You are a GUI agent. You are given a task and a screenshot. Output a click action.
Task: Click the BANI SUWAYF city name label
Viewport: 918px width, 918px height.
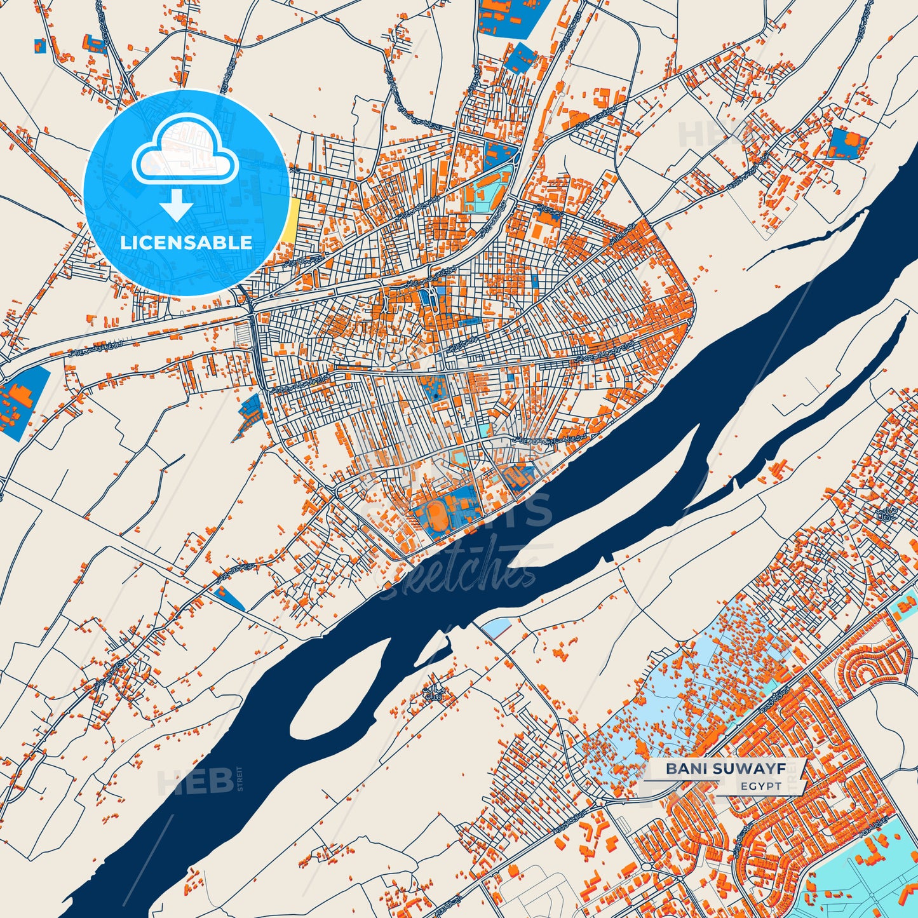[x=726, y=769]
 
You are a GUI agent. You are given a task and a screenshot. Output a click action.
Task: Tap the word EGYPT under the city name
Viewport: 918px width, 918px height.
[x=760, y=786]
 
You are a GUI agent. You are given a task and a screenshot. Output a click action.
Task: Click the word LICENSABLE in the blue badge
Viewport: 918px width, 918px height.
[x=186, y=242]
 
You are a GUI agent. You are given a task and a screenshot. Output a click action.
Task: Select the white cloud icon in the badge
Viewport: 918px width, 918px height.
[x=185, y=155]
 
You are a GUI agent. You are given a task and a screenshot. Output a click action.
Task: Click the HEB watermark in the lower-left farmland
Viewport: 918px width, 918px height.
[x=187, y=781]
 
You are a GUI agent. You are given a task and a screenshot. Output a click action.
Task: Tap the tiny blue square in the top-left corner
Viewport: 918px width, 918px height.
[x=39, y=46]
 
